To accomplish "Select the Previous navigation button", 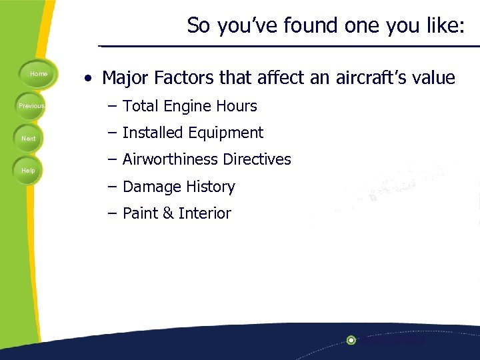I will (31, 106).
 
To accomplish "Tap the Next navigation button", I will (29, 139).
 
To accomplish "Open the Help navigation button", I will (28, 171).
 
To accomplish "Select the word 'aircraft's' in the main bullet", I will (373, 79).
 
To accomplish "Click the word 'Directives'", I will (257, 159).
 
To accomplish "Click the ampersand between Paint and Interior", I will (167, 214).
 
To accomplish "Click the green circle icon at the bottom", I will (351, 340).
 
